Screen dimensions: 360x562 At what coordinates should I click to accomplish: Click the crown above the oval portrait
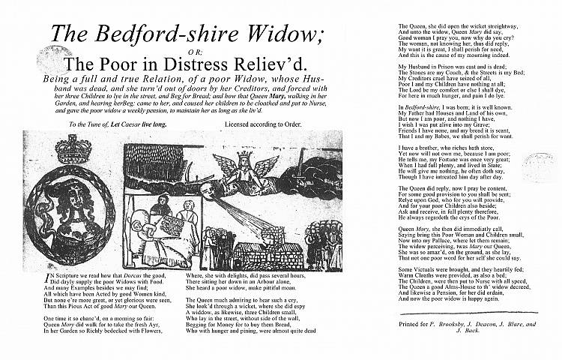point(73,149)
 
